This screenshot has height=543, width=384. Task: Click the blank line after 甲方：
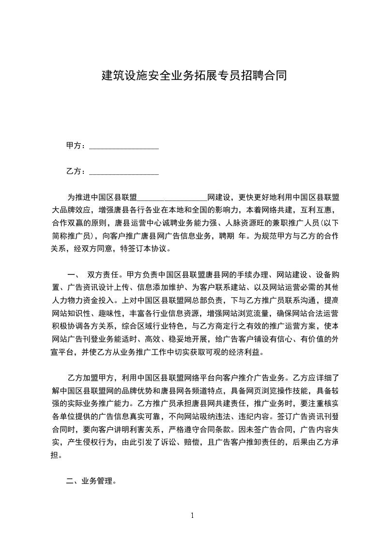click(124, 146)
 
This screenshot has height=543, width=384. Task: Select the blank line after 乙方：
click(124, 172)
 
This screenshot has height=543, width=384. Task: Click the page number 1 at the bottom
click(192, 515)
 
